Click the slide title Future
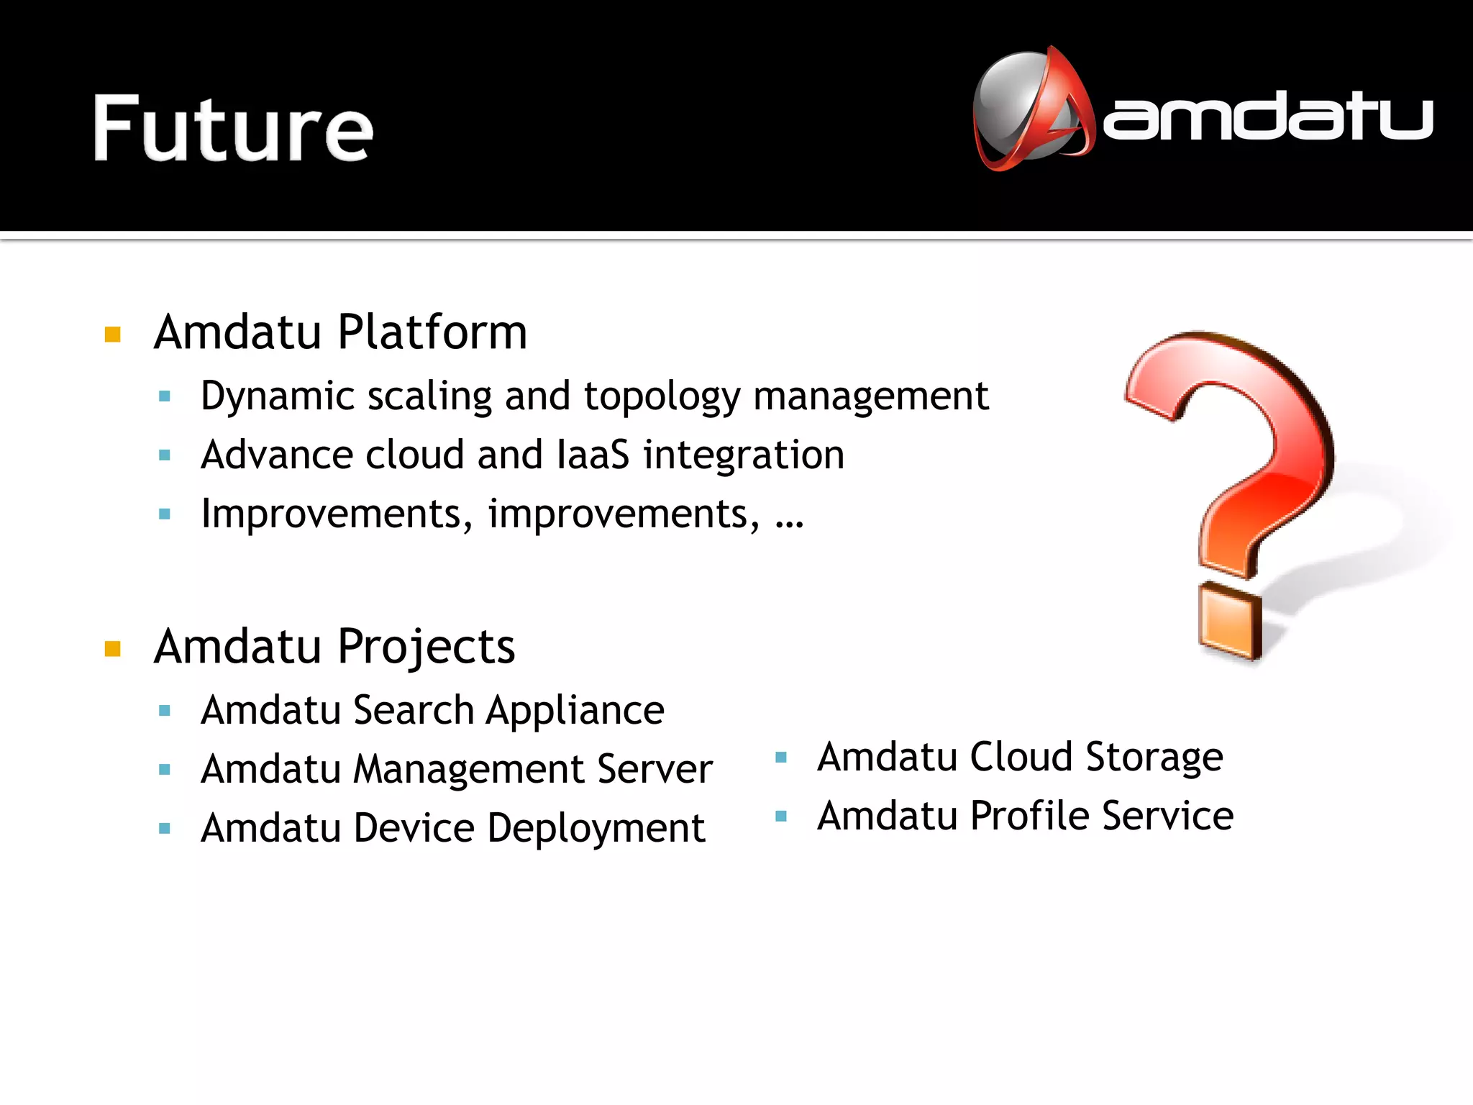pyautogui.click(x=233, y=129)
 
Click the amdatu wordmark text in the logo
pyautogui.click(x=1267, y=117)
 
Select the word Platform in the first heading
pyautogui.click(x=432, y=332)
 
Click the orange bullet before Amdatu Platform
pyautogui.click(x=113, y=335)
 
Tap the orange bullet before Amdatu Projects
pyautogui.click(x=113, y=649)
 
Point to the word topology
pyautogui.click(x=662, y=396)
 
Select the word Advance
pyautogui.click(x=277, y=455)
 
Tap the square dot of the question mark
pyautogui.click(x=1230, y=620)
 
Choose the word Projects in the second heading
pyautogui.click(x=427, y=647)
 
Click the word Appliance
pyautogui.click(x=575, y=711)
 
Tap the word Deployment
pyautogui.click(x=596, y=829)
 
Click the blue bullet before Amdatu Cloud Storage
pyautogui.click(x=782, y=758)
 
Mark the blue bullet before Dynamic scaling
pyautogui.click(x=165, y=396)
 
